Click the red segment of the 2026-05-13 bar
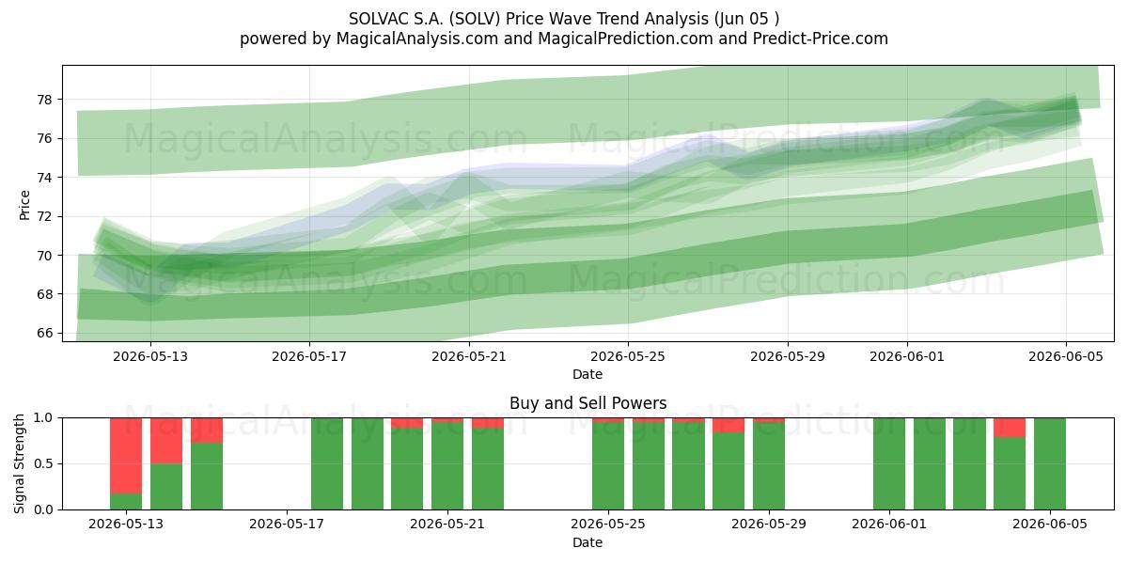pos(126,456)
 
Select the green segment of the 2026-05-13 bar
pos(126,502)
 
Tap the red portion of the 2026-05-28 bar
pos(728,425)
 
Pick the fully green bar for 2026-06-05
pos(1050,463)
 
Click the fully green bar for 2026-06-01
pos(889,463)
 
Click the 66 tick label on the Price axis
pos(44,333)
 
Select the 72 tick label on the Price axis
pos(44,216)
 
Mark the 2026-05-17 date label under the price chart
pos(309,356)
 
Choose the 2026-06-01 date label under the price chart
pos(907,356)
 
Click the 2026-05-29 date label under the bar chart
pos(769,525)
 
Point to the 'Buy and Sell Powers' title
pos(588,403)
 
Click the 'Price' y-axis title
pos(24,205)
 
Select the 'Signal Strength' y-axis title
pos(19,463)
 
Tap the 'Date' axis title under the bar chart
pos(587,542)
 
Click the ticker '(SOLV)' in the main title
pos(476,19)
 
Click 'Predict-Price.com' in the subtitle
pos(821,39)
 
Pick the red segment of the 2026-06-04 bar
pos(1010,428)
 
